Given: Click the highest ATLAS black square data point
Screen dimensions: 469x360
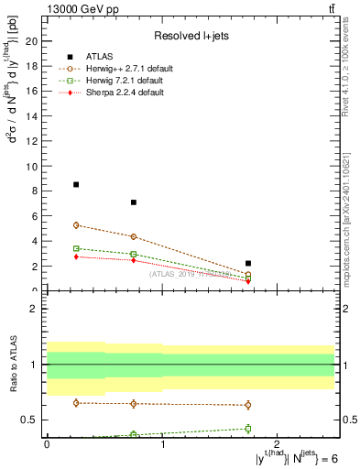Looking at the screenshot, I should pyautogui.click(x=76, y=184).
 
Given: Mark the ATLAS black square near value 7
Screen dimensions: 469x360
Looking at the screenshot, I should pyautogui.click(x=134, y=202).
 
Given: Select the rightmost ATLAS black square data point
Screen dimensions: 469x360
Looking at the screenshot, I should pyautogui.click(x=248, y=263).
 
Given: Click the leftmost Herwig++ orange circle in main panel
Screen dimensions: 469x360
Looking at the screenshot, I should pyautogui.click(x=76, y=225).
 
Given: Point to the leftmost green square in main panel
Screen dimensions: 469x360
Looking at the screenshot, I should pyautogui.click(x=76, y=248).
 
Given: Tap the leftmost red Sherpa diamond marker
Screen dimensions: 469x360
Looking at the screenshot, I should pyautogui.click(x=76, y=256).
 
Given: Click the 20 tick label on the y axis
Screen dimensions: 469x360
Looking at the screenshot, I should pyautogui.click(x=32, y=41).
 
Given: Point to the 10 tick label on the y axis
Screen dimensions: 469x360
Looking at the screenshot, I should pyautogui.click(x=32, y=167).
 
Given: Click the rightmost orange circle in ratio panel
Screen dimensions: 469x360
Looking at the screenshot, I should pyautogui.click(x=248, y=405).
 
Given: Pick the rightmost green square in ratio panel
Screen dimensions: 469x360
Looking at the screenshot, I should pyautogui.click(x=248, y=429).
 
